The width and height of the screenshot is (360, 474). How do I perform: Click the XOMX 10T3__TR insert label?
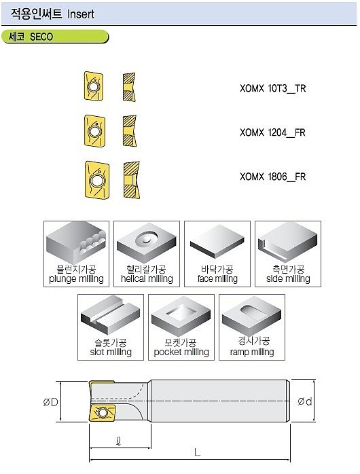(272, 88)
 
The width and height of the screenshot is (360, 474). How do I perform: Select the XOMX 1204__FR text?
(272, 132)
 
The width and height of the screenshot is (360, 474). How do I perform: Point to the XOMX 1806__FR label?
(272, 177)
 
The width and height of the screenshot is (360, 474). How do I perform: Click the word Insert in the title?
(81, 14)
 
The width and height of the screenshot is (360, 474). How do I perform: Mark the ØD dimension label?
(50, 403)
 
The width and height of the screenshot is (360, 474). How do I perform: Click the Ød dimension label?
(305, 401)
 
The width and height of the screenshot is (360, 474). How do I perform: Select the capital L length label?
(197, 452)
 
